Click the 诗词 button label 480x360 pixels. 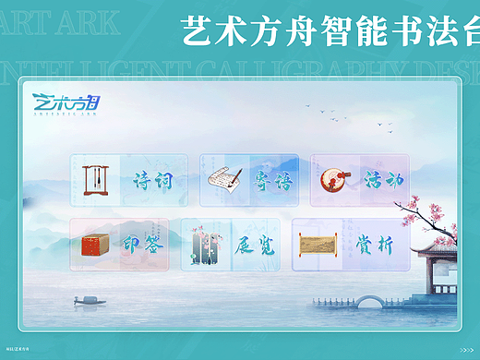click(152, 180)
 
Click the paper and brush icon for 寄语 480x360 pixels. click(224, 178)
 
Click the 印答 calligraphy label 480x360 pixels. click(140, 245)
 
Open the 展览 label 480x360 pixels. click(253, 245)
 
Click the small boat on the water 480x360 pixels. click(89, 299)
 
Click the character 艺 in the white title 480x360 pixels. click(198, 35)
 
